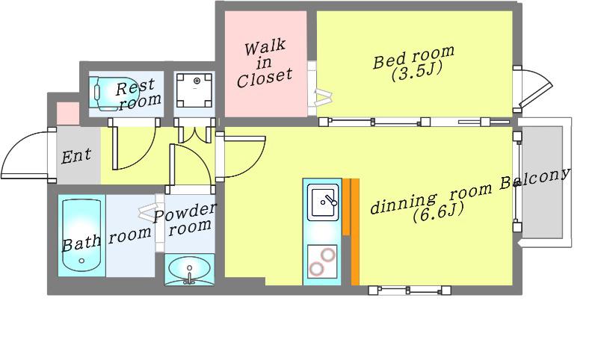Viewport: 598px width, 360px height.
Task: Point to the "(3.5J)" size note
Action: click(416, 71)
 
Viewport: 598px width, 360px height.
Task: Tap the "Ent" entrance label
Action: click(76, 155)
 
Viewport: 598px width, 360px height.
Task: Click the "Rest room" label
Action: click(138, 93)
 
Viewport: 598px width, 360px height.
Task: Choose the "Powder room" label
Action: click(185, 219)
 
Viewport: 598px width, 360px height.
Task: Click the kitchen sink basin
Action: click(323, 202)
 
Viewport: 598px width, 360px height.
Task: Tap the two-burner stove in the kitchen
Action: click(322, 261)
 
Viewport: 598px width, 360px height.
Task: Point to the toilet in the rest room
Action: click(104, 93)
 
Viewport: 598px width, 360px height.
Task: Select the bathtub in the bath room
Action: click(81, 235)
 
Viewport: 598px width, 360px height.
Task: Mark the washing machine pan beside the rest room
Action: click(194, 90)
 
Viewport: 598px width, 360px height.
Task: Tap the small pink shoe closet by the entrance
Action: click(68, 114)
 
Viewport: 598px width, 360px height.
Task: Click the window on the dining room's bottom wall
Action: click(410, 291)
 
